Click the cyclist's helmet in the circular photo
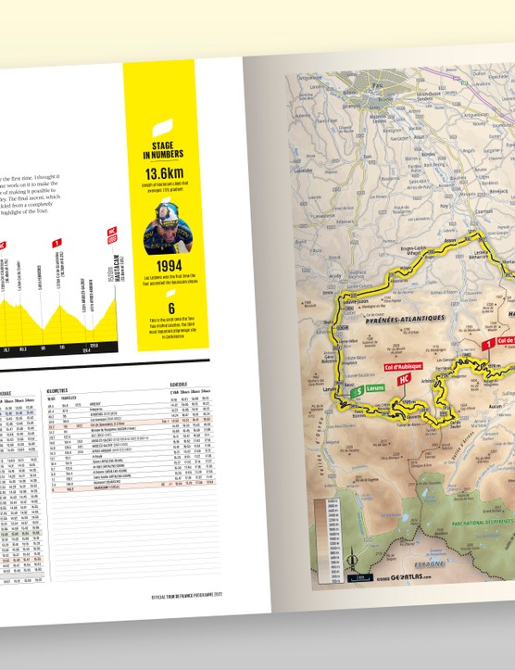[157, 222]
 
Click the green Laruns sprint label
[363, 391]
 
